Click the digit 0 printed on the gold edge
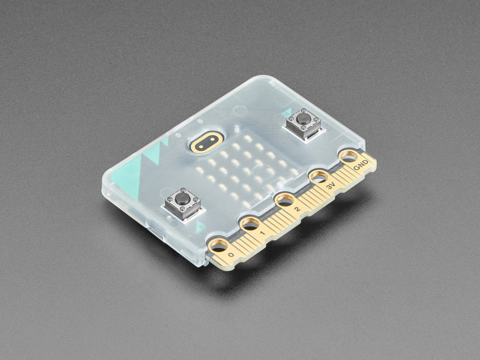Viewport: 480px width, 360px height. tap(231, 255)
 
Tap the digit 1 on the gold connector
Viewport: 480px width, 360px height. tap(262, 233)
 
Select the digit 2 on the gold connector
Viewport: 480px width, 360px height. tap(297, 210)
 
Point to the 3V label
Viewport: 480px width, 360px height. tap(330, 186)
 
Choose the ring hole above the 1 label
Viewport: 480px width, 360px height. tap(250, 224)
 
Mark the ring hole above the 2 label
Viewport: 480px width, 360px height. tap(285, 200)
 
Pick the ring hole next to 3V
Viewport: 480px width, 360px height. tap(319, 177)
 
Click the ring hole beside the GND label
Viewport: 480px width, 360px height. tap(348, 157)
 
